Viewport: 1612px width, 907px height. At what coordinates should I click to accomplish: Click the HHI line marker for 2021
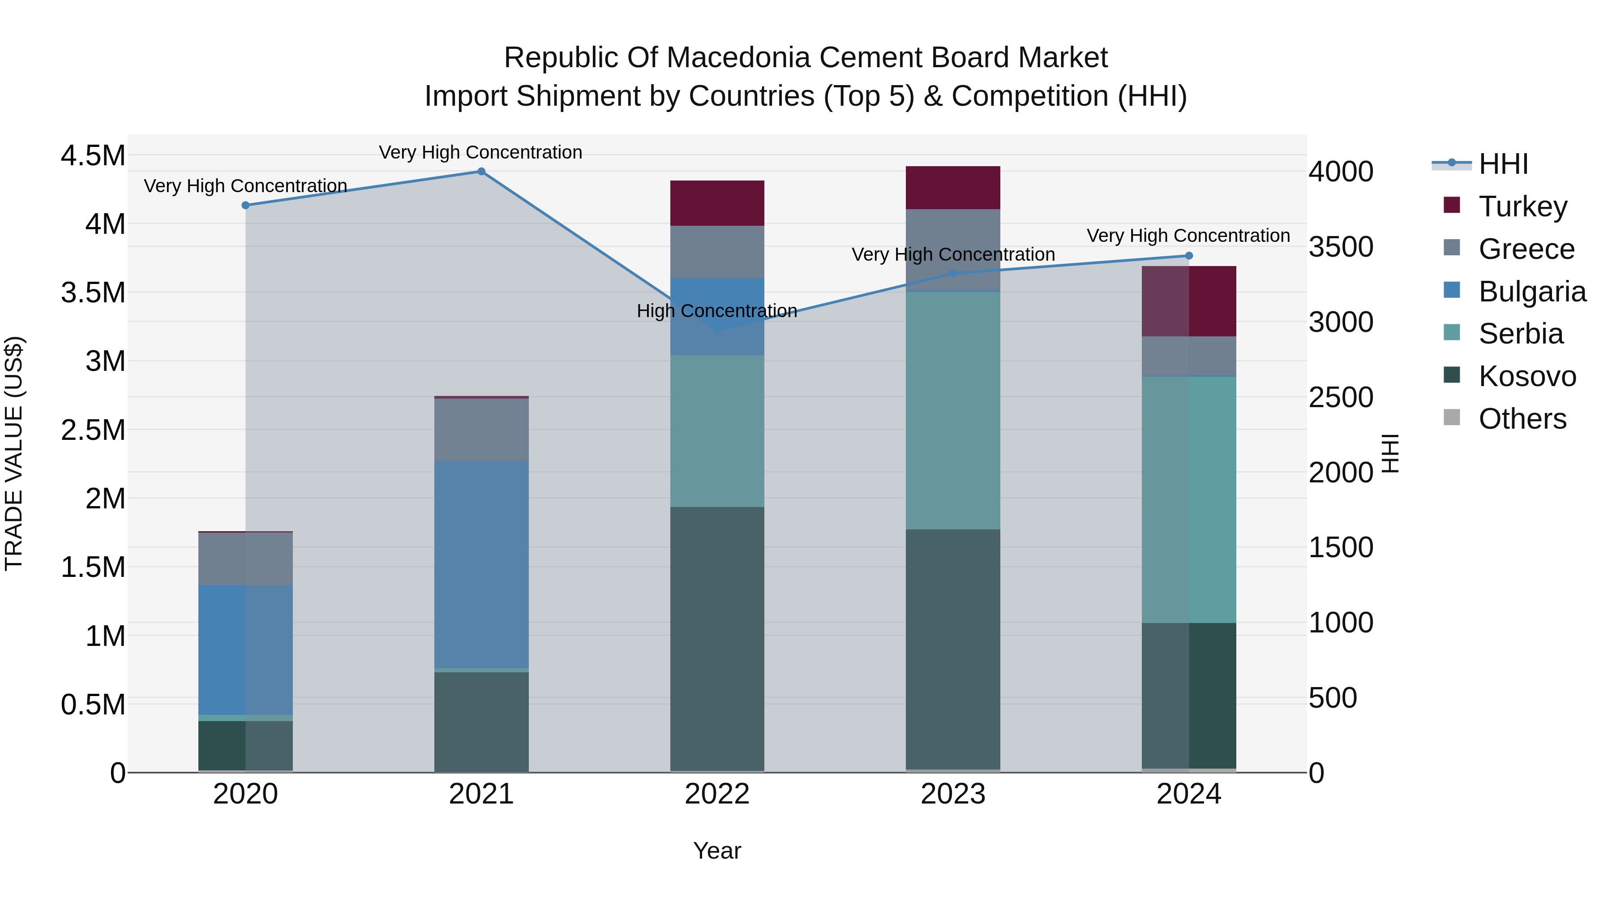point(481,172)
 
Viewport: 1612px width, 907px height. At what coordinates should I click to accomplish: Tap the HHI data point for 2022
point(718,330)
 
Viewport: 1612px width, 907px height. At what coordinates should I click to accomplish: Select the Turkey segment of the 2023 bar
point(952,188)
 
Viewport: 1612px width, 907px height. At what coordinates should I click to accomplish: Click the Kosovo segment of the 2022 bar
point(717,638)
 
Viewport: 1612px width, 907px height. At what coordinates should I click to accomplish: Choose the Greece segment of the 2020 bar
point(245,559)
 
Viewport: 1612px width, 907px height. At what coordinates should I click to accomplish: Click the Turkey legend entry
point(1522,206)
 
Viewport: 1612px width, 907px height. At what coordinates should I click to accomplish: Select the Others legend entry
point(1522,419)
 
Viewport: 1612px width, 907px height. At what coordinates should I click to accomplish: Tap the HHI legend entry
point(1503,164)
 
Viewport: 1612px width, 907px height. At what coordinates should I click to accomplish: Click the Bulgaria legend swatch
point(1451,290)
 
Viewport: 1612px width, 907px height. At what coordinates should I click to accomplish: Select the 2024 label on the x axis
point(1188,794)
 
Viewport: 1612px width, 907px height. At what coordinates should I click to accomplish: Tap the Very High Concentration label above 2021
point(480,152)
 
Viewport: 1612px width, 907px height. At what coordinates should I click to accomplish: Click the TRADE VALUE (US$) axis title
point(14,453)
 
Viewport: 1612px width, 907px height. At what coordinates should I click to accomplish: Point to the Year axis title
point(717,851)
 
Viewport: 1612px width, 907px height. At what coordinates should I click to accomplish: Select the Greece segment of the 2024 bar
point(1188,356)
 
